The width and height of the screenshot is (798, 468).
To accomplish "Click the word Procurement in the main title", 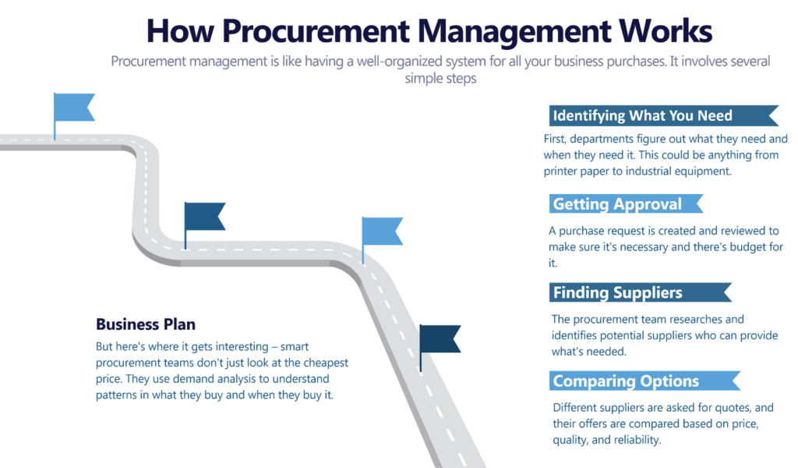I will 312,31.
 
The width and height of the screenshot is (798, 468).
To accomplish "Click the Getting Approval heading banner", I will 617,204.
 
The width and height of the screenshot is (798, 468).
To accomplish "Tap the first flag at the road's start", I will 75,107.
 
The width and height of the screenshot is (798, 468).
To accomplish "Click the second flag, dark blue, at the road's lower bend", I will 205,216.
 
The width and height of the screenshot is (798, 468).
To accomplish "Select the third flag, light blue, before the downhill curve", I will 383,230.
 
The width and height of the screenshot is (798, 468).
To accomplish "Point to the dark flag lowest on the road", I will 441,339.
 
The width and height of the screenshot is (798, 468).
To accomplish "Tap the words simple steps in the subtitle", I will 440,79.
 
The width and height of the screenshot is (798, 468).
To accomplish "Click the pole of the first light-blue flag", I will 55,125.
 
